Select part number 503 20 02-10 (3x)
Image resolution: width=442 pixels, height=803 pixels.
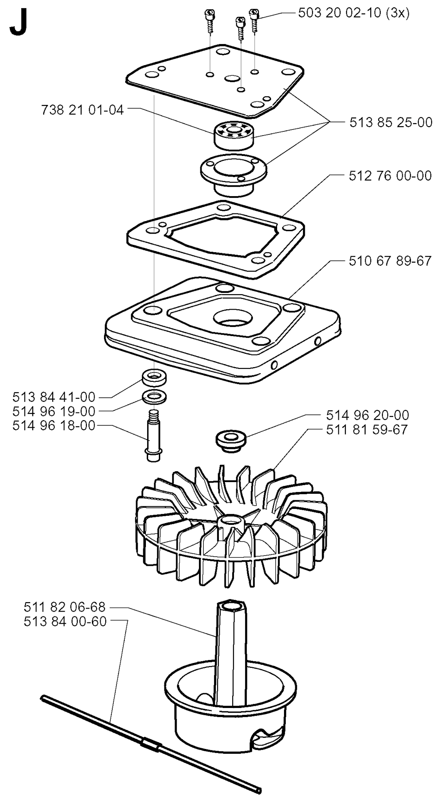[x=354, y=13]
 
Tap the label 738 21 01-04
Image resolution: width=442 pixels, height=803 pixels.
[x=82, y=110]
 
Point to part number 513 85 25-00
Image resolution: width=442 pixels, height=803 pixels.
[x=391, y=122]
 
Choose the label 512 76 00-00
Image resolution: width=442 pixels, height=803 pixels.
[x=390, y=176]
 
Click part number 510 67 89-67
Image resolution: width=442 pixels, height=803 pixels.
[x=390, y=261]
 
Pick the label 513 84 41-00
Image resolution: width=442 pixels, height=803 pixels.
[x=54, y=397]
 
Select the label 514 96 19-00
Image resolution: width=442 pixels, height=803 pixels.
[x=54, y=411]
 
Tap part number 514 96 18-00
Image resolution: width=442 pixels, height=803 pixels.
[x=54, y=425]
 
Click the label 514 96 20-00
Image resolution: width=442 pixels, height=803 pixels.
[x=367, y=415]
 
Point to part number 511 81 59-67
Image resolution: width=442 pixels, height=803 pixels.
[x=367, y=430]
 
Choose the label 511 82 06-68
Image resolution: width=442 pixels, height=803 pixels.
[x=65, y=607]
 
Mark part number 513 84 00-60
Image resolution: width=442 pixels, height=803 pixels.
[x=65, y=622]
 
